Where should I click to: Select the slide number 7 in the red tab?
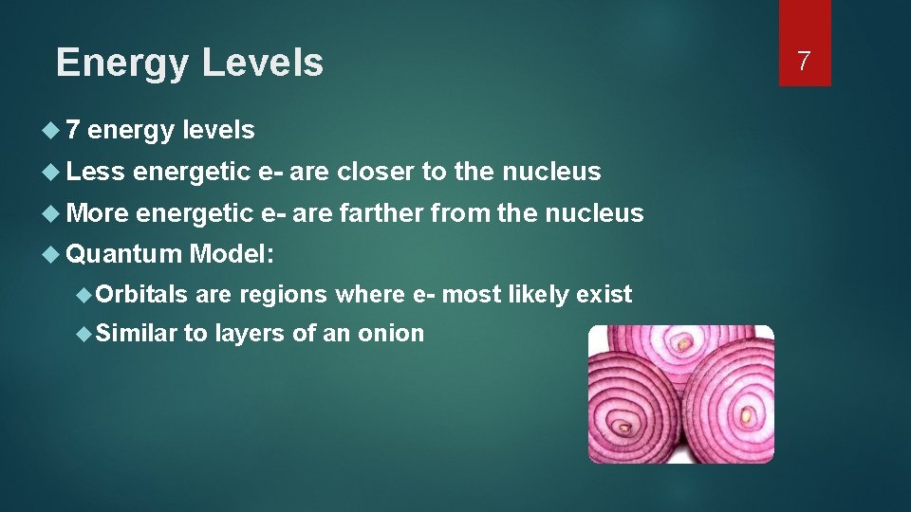pyautogui.click(x=804, y=63)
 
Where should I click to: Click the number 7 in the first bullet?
pyautogui.click(x=73, y=130)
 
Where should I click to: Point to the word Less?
pyautogui.click(x=96, y=172)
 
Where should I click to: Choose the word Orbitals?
pyautogui.click(x=141, y=295)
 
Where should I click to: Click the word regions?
pyautogui.click(x=283, y=295)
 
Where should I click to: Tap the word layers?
pyautogui.click(x=248, y=333)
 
